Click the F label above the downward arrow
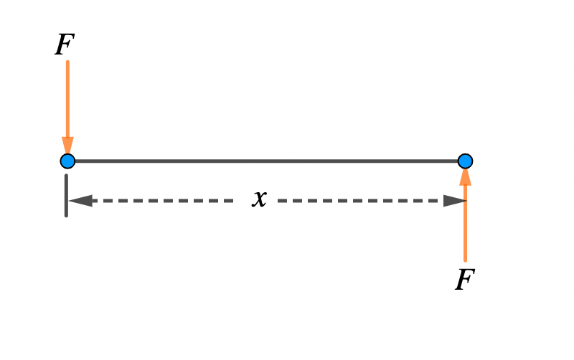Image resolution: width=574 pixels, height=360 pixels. point(65,44)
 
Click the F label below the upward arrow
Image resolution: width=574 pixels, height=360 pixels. point(465,279)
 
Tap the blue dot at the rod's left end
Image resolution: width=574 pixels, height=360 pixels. point(67,161)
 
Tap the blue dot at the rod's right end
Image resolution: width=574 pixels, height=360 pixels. point(465,161)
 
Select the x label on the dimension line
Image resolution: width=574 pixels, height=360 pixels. point(259,199)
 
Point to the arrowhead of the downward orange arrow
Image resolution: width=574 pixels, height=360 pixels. point(67,145)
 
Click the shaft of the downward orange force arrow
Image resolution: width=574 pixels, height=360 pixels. point(67,100)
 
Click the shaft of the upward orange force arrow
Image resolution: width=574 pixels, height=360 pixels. point(465,222)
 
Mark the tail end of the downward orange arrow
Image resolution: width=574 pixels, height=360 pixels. point(67,62)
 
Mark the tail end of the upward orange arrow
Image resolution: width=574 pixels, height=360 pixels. point(465,260)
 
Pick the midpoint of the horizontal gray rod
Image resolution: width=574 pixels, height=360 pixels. point(266,161)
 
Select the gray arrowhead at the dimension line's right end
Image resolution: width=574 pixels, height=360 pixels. point(454,201)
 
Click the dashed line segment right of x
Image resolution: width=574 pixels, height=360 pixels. point(359,201)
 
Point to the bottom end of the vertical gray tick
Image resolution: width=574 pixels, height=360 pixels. point(66,215)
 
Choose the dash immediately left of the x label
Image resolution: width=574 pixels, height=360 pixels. point(227,201)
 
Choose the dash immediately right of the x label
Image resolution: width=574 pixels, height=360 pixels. point(283,201)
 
